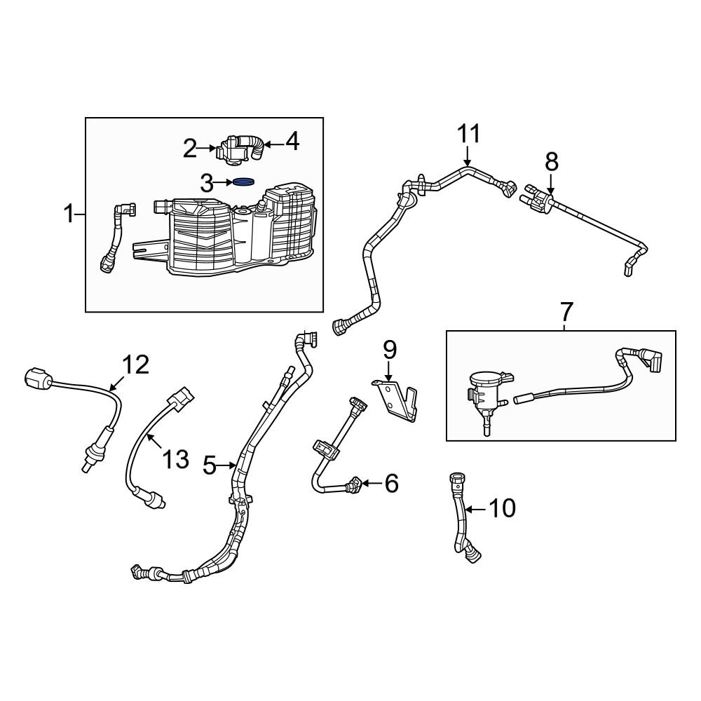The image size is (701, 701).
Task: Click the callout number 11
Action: [x=470, y=134]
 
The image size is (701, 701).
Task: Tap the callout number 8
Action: [x=552, y=162]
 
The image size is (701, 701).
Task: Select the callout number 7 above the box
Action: [x=566, y=310]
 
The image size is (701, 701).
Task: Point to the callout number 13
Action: [x=175, y=459]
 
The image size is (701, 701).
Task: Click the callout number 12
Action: [x=136, y=364]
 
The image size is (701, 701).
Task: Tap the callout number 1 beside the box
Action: [x=69, y=213]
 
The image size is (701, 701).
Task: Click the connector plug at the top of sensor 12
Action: [x=39, y=379]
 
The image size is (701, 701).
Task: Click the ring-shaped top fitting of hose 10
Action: [x=455, y=481]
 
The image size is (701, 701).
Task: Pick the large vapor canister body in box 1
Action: [x=242, y=231]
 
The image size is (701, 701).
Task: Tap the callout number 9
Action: [x=389, y=348]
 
